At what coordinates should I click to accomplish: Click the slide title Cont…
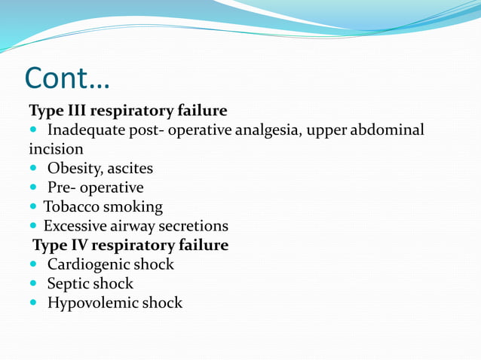[67, 77]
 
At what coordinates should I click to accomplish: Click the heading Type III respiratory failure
[127, 111]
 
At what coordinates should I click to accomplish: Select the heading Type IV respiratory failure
[130, 246]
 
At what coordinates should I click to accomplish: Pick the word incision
[56, 150]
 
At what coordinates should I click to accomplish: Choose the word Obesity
[76, 169]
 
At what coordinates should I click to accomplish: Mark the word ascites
[131, 169]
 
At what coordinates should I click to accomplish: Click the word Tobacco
[72, 206]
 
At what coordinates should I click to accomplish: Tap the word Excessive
[76, 226]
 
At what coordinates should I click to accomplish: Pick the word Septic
[69, 284]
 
